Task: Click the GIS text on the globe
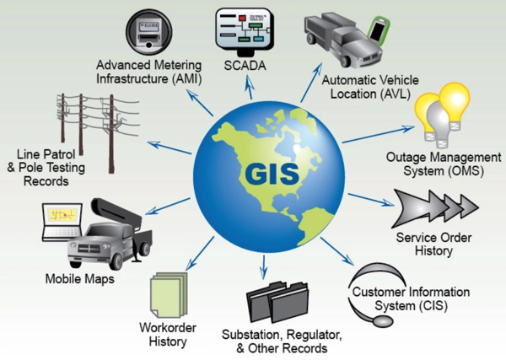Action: tap(272, 174)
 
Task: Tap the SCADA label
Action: tap(245, 66)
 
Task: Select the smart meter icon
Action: tap(148, 32)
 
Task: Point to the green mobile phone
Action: tap(379, 29)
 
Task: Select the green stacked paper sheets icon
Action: tap(169, 295)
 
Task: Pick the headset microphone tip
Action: tap(382, 321)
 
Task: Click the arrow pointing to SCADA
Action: tap(249, 87)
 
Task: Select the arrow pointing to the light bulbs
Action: tap(378, 134)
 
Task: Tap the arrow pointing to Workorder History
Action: tap(200, 253)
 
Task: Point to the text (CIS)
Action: tap(433, 306)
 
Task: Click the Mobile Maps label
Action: tap(80, 279)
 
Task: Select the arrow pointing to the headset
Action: tap(336, 251)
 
